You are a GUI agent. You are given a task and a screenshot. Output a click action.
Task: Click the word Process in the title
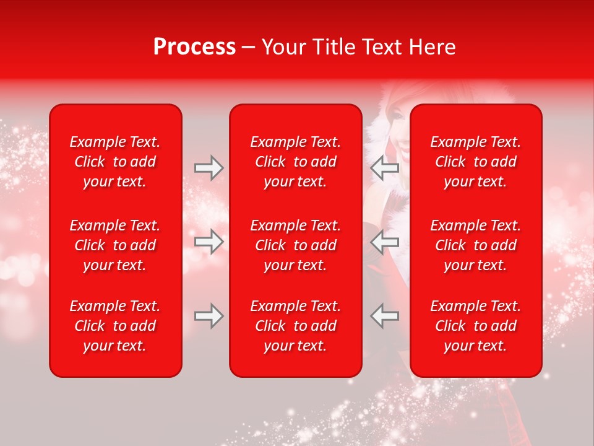tap(194, 47)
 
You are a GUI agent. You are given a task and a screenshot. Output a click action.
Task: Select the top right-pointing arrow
tap(209, 168)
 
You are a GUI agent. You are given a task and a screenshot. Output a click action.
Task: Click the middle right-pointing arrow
tap(209, 242)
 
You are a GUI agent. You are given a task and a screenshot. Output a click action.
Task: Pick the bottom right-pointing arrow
tap(209, 316)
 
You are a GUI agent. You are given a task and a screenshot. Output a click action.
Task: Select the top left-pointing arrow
tap(385, 168)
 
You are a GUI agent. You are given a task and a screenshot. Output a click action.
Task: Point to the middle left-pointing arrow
tap(385, 242)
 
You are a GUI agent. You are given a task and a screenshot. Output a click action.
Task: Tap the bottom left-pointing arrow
tap(385, 316)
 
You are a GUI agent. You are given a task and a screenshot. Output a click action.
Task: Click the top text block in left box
tap(115, 162)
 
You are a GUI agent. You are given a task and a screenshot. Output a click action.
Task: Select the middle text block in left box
tap(115, 245)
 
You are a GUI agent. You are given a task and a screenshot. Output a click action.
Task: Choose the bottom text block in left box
tap(115, 326)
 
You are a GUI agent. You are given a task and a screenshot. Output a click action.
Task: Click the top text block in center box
tap(295, 162)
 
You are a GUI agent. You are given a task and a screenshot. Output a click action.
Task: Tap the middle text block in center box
tap(295, 245)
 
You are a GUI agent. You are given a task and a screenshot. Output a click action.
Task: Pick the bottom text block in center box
tap(295, 326)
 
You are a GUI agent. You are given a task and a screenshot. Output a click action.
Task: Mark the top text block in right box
tap(475, 162)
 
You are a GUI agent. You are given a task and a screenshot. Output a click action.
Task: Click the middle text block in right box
tap(475, 245)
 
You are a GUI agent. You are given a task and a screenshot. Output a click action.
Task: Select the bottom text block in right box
tap(475, 326)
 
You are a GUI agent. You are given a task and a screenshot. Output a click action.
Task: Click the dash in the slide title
tap(249, 48)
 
